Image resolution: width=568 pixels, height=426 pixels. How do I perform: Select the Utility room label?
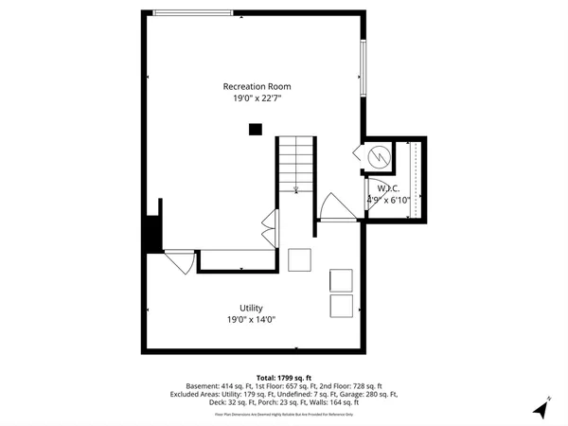(x=251, y=308)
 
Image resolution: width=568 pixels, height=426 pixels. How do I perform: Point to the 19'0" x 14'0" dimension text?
(x=251, y=320)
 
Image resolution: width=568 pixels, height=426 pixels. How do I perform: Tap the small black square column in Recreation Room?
(x=255, y=130)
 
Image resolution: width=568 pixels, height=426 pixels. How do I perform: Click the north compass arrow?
(x=541, y=410)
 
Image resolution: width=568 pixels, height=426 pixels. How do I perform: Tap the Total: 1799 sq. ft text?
(x=284, y=377)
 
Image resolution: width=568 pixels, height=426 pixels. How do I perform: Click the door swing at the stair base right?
(x=329, y=206)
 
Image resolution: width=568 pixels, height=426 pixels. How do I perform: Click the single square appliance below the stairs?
(x=300, y=259)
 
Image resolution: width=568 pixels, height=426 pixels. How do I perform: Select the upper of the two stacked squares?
(x=341, y=280)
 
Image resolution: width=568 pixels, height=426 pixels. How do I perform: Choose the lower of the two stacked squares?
(x=341, y=306)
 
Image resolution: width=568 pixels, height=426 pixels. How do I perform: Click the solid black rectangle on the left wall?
(x=151, y=234)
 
